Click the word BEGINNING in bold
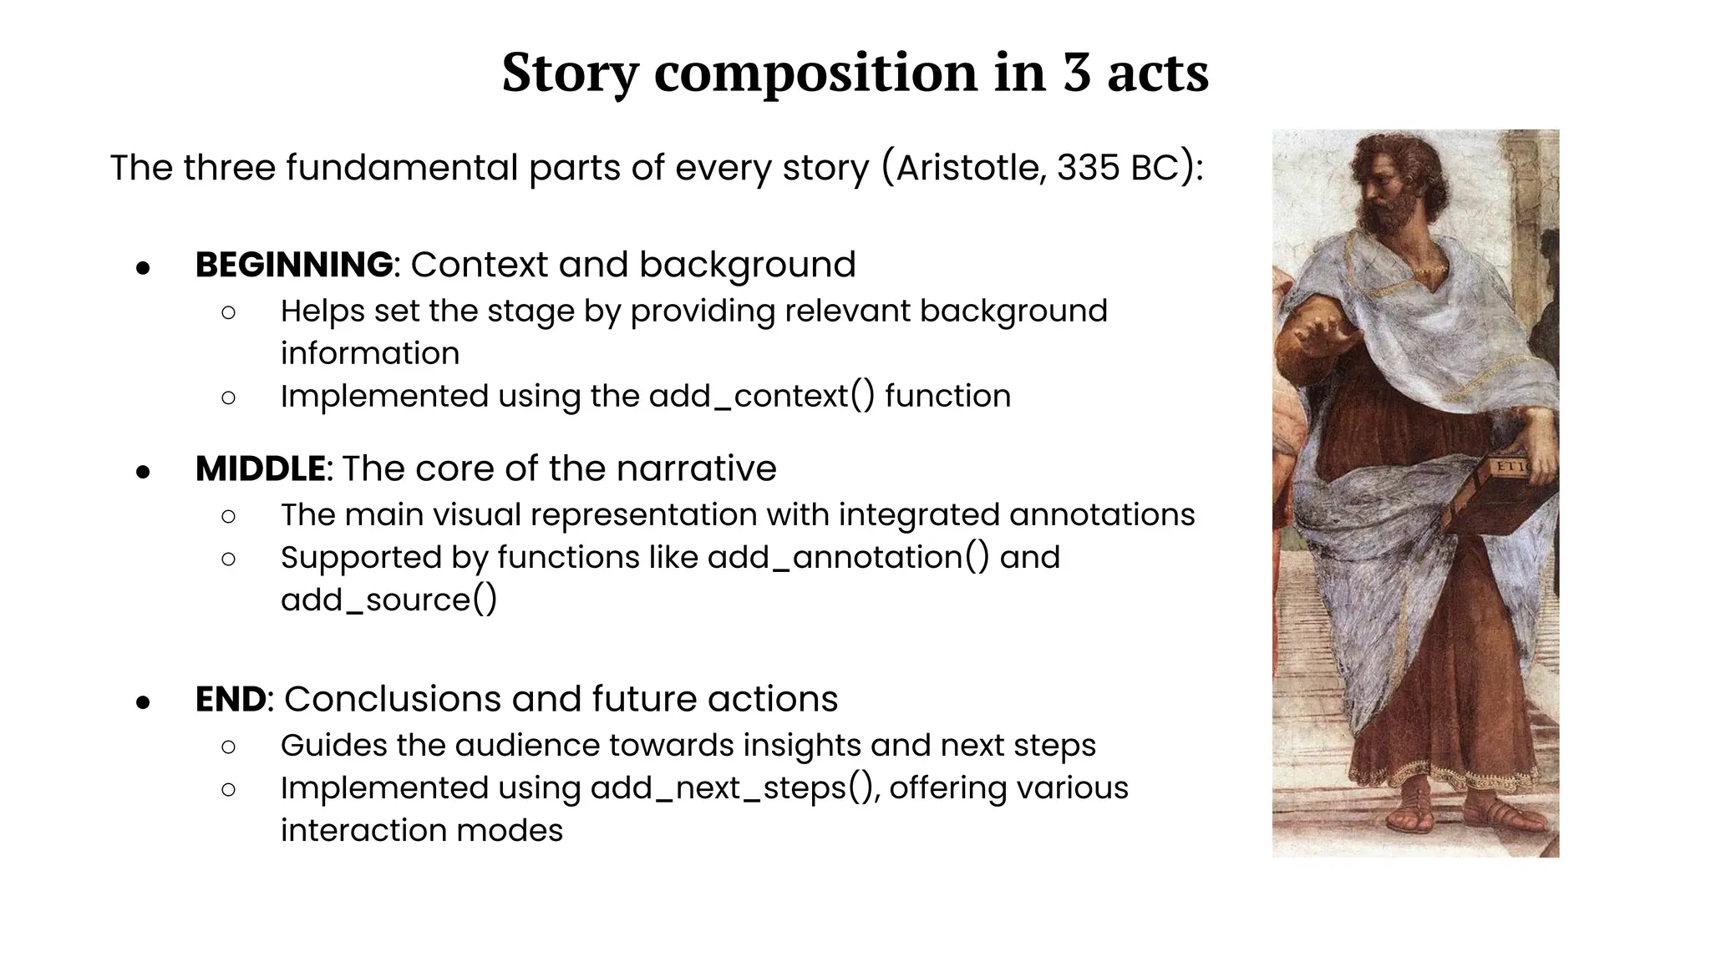tap(293, 265)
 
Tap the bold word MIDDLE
tap(260, 468)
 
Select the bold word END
tap(231, 699)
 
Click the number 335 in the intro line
tap(1087, 167)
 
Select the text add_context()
tap(761, 396)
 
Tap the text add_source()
tap(388, 600)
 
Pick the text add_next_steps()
tap(734, 787)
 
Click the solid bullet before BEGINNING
tap(143, 268)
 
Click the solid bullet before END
tap(143, 702)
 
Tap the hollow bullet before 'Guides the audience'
tap(228, 747)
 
